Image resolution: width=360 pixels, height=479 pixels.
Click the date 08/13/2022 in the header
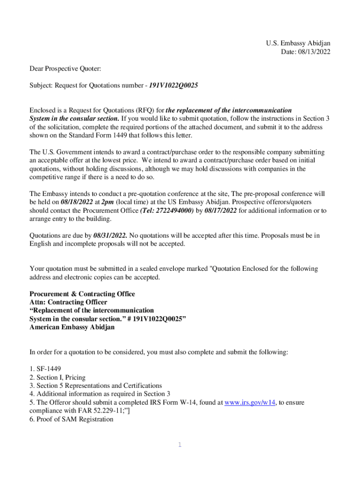coord(314,52)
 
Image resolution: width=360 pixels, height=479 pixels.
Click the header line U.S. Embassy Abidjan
coord(298,44)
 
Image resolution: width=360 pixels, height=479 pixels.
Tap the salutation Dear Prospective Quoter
coord(65,69)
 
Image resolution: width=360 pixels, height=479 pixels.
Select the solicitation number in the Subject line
coord(174,86)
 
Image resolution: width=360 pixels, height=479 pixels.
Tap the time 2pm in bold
coord(106,202)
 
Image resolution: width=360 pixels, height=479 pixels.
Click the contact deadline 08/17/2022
coord(221,210)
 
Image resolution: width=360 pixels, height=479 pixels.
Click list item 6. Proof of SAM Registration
coord(72,419)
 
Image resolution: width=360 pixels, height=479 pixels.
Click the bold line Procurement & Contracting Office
coord(82,294)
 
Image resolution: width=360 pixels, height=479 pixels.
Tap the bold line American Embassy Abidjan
coord(72,327)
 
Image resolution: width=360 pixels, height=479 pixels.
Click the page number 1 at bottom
coord(179,444)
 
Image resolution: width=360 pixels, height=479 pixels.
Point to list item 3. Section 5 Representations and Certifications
coord(96,385)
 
